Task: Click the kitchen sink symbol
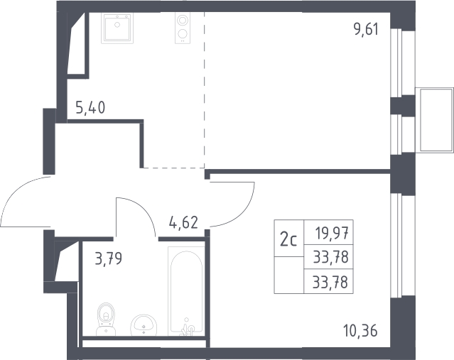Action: tap(117, 28)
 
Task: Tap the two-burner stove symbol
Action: tap(183, 28)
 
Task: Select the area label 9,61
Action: tap(366, 29)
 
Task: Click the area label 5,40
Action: tap(90, 108)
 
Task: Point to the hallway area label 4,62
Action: tap(183, 223)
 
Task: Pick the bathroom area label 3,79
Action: tap(109, 258)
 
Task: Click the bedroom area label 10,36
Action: tap(361, 331)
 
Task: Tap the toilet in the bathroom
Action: tap(106, 320)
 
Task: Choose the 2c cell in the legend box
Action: tap(289, 238)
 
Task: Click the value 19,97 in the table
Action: tap(332, 233)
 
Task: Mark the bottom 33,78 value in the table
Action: tap(330, 282)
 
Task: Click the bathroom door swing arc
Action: tap(144, 209)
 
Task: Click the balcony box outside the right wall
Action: tap(434, 119)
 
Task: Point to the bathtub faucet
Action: tap(187, 328)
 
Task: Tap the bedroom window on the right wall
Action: tap(396, 245)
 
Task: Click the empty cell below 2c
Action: tap(289, 276)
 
